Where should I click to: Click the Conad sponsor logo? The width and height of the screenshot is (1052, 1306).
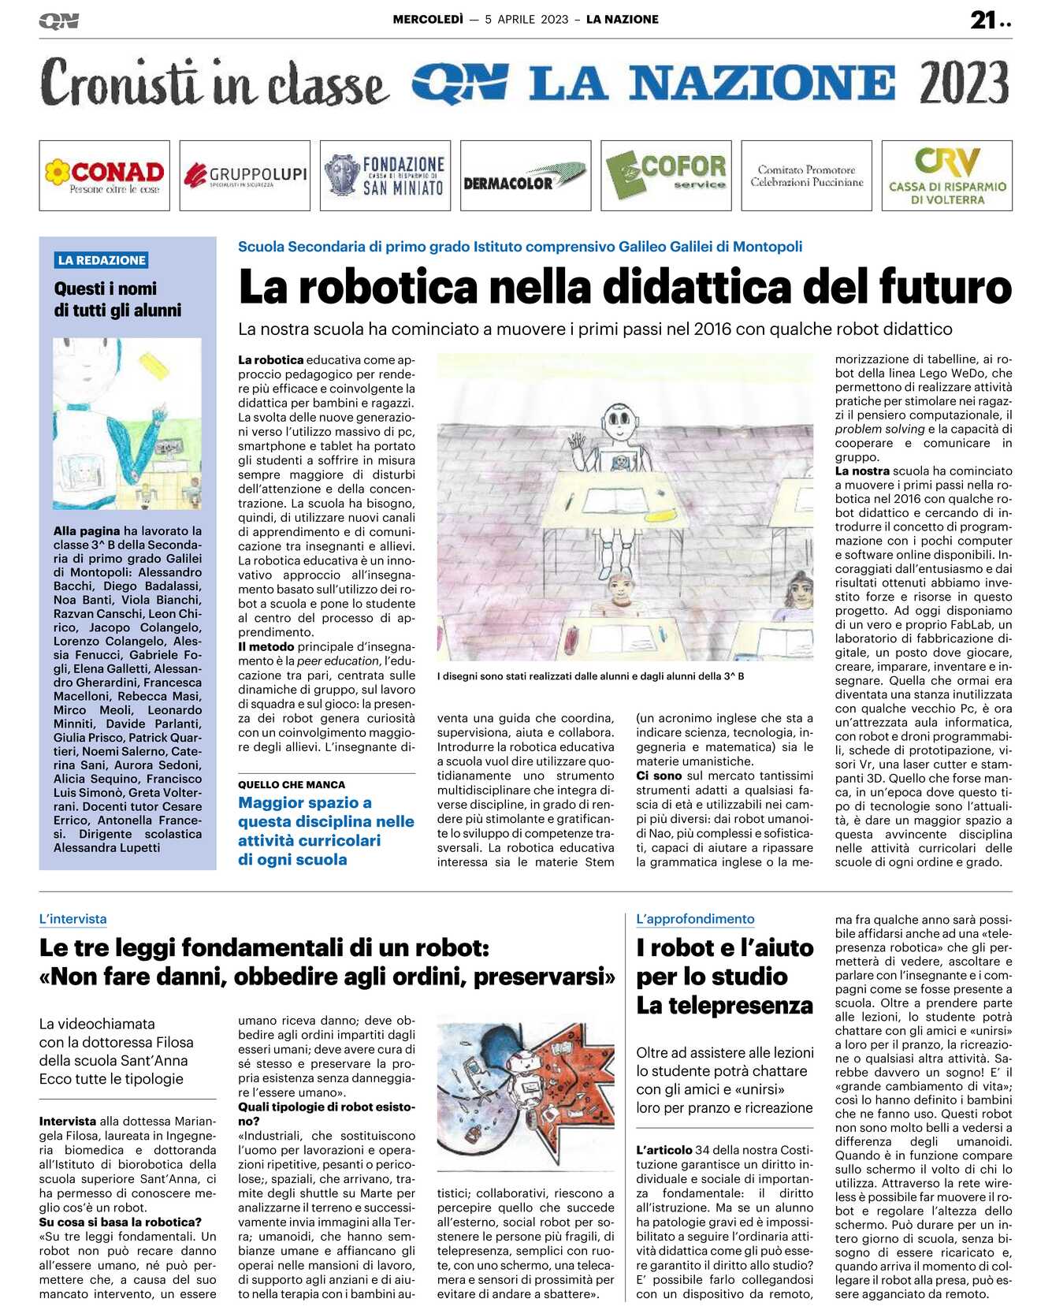[104, 175]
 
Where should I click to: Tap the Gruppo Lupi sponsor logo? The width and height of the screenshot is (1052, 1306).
[244, 175]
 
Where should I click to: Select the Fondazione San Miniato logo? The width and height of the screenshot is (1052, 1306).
[385, 175]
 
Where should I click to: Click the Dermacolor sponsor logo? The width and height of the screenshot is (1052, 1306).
[525, 175]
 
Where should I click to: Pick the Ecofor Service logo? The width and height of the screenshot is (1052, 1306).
[666, 175]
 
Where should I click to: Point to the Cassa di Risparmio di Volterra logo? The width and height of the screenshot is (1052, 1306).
[946, 175]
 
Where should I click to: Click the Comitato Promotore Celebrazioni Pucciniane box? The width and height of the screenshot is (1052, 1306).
[806, 175]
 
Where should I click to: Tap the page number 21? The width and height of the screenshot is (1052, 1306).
[983, 20]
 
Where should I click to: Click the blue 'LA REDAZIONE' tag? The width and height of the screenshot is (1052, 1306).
[102, 260]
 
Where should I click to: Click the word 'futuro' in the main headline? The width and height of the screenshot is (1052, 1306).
[945, 287]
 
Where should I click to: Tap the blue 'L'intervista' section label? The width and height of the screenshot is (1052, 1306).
[72, 919]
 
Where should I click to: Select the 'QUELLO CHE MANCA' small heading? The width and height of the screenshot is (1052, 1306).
[292, 784]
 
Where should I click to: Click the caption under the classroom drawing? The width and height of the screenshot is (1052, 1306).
[590, 676]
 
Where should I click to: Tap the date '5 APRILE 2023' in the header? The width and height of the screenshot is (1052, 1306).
[526, 20]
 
